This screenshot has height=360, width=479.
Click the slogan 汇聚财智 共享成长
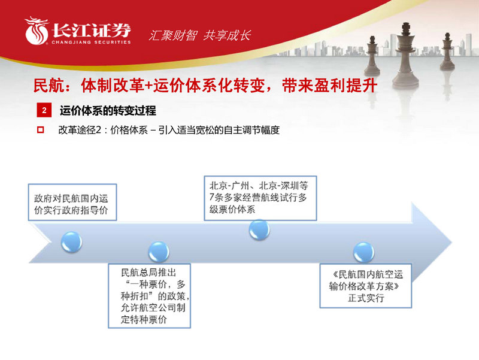click(199, 35)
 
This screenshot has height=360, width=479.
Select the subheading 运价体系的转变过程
click(108, 111)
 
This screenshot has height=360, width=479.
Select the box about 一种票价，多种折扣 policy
click(149, 296)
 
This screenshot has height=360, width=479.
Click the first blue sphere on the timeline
click(71, 240)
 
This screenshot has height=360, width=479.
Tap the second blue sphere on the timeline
click(158, 251)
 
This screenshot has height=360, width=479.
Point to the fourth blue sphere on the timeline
click(363, 251)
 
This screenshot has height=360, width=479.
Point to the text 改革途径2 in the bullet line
click(78, 129)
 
